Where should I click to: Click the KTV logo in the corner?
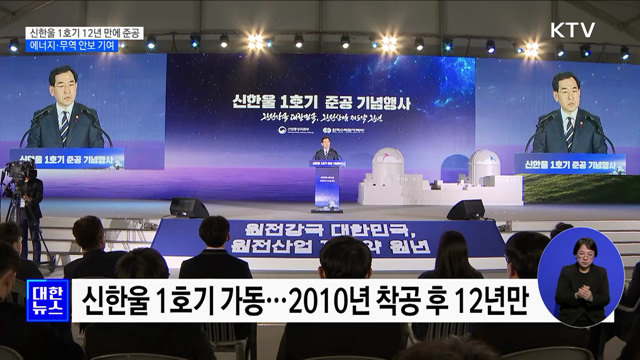pyautogui.click(x=572, y=29)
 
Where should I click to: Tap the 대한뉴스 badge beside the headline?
pyautogui.click(x=46, y=300)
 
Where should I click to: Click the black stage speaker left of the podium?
pyautogui.click(x=189, y=208)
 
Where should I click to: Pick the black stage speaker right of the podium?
pyautogui.click(x=465, y=209)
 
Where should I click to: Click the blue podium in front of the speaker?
pyautogui.click(x=326, y=188)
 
